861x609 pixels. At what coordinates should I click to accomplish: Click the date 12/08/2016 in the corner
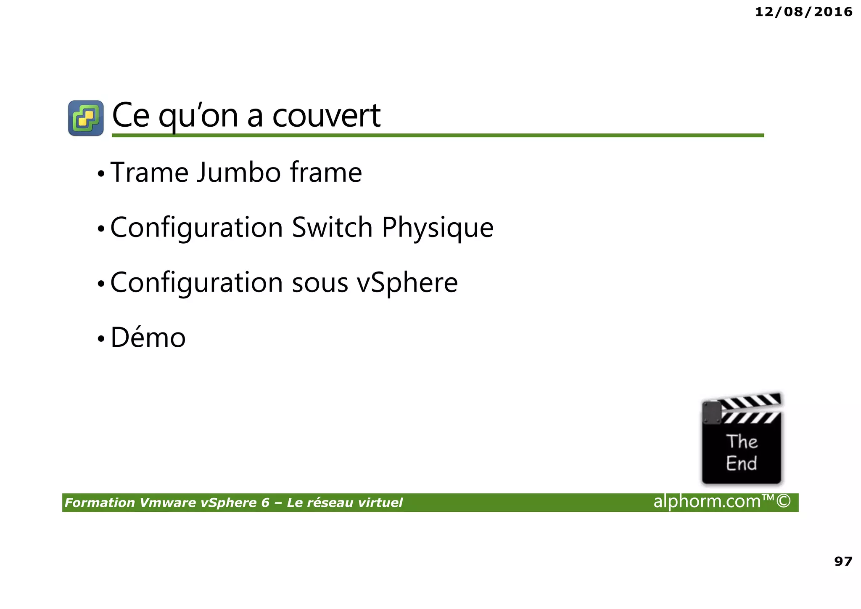803,12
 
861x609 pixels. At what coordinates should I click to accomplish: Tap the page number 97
843,561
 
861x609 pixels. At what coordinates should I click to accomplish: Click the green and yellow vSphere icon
86,118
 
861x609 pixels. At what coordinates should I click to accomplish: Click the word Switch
332,227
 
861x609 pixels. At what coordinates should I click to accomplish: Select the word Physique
438,228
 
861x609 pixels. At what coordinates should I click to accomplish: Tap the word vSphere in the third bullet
407,282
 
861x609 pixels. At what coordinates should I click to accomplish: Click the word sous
320,283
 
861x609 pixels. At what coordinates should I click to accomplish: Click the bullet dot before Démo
100,338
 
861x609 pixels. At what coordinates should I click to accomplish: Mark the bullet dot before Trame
100,173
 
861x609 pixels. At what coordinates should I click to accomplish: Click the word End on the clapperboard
741,463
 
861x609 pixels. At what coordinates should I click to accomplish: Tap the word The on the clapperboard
742,441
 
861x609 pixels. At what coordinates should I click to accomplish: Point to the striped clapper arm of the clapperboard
750,402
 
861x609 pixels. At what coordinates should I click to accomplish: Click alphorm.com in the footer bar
707,502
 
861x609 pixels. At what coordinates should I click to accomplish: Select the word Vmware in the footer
167,503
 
